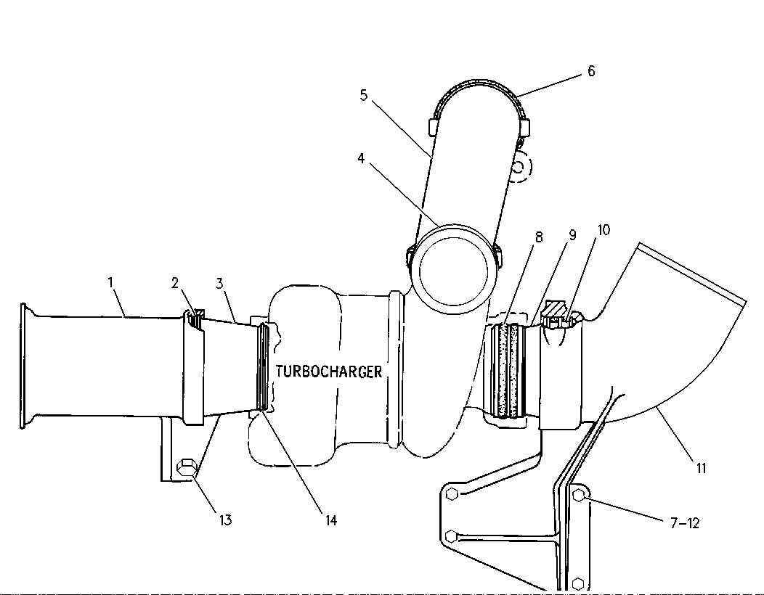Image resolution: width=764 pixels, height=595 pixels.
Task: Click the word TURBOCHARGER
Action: (x=329, y=372)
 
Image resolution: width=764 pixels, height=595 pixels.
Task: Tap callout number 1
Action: (x=110, y=282)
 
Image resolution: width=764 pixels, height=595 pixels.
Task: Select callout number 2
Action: (x=175, y=283)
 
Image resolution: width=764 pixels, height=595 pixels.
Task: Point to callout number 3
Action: (x=220, y=283)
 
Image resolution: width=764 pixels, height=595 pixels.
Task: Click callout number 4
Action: (x=361, y=159)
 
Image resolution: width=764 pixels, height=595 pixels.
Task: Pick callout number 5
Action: (x=364, y=95)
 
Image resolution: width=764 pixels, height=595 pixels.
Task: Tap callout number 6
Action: (x=591, y=71)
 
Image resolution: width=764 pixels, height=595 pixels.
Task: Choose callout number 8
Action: (x=538, y=237)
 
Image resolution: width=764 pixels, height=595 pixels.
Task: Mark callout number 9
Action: (x=572, y=235)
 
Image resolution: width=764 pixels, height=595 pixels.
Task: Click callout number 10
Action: (x=604, y=230)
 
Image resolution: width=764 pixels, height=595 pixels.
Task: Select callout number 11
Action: (x=701, y=469)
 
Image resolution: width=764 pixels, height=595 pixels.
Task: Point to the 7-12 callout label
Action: (x=685, y=523)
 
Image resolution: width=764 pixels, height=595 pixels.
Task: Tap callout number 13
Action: (x=225, y=520)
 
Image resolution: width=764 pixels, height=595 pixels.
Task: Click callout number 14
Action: (x=331, y=520)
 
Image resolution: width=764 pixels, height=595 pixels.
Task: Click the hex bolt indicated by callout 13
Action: (x=186, y=469)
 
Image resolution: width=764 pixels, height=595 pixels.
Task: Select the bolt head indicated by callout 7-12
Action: (x=579, y=496)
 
